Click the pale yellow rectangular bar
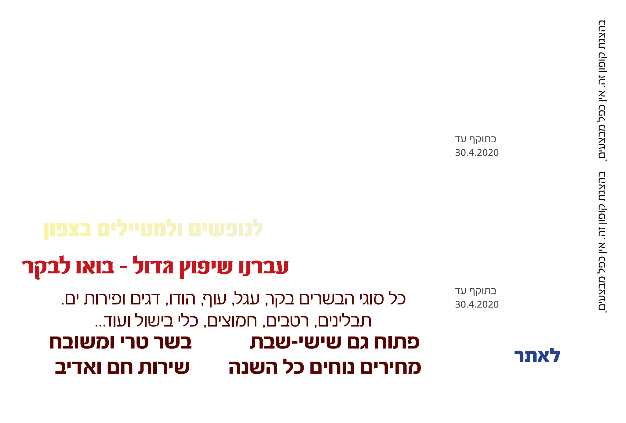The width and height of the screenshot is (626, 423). click(x=153, y=229)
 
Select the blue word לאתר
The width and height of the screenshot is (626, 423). click(x=537, y=356)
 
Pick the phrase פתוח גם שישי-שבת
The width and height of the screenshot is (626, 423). click(x=334, y=342)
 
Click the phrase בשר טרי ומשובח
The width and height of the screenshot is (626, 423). click(x=120, y=342)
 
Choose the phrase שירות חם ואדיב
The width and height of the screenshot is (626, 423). click(x=122, y=367)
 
